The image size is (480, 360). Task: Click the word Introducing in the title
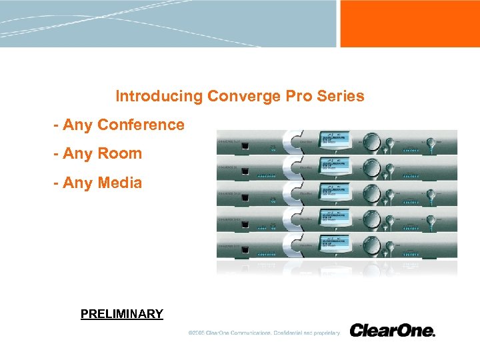pyautogui.click(x=159, y=96)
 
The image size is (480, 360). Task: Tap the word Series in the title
pyautogui.click(x=341, y=96)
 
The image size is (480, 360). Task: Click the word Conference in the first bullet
pyautogui.click(x=141, y=125)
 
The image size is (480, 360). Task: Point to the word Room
pyautogui.click(x=119, y=153)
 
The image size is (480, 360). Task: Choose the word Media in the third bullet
pyautogui.click(x=119, y=182)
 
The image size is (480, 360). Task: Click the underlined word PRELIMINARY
pyautogui.click(x=121, y=314)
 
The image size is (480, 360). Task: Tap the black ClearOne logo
pyautogui.click(x=392, y=331)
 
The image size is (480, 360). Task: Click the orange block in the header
pyautogui.click(x=409, y=23)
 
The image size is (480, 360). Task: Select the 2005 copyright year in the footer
pyautogui.click(x=197, y=333)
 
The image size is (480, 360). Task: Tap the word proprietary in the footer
pyautogui.click(x=325, y=333)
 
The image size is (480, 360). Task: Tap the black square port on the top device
pyautogui.click(x=246, y=145)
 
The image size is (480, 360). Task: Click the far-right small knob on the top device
pyautogui.click(x=433, y=142)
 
